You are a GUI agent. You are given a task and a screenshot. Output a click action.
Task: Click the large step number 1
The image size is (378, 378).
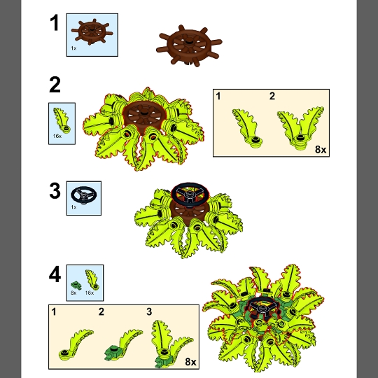tap(54, 23)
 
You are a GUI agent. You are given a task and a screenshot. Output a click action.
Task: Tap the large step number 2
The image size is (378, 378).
tap(55, 85)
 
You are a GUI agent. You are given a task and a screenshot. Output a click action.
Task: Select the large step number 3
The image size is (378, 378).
tap(55, 191)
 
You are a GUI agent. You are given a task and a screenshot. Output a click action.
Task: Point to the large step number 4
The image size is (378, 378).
tap(55, 275)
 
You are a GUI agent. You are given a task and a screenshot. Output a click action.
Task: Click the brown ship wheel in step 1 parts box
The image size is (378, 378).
tap(92, 31)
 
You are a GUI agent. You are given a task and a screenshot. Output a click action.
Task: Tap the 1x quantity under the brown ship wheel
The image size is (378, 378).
tap(73, 48)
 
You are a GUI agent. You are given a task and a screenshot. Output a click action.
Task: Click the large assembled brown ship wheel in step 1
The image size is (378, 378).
tap(189, 45)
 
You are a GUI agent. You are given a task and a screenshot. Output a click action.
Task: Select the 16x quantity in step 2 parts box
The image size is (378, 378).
tap(57, 136)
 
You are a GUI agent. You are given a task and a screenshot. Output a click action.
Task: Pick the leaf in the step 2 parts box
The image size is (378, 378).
tap(62, 120)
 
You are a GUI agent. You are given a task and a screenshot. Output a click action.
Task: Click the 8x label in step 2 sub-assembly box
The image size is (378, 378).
tap(321, 150)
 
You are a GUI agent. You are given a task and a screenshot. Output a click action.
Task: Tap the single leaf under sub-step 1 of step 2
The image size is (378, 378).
tap(247, 128)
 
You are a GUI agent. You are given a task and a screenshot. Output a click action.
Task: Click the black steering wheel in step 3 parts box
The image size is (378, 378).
tap(84, 195)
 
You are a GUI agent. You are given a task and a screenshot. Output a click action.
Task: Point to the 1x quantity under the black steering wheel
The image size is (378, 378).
tap(73, 207)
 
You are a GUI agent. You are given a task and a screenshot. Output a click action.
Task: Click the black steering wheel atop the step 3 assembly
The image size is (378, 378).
tap(190, 192)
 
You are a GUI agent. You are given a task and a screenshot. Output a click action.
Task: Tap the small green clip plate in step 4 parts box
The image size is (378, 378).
tap(76, 286)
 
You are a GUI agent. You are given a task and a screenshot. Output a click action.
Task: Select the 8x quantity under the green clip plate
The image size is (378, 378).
tap(73, 293)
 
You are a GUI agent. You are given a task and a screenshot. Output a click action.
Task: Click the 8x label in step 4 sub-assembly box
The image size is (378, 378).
tap(190, 362)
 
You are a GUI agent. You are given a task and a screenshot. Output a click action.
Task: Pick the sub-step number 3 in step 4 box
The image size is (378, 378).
tap(149, 311)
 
